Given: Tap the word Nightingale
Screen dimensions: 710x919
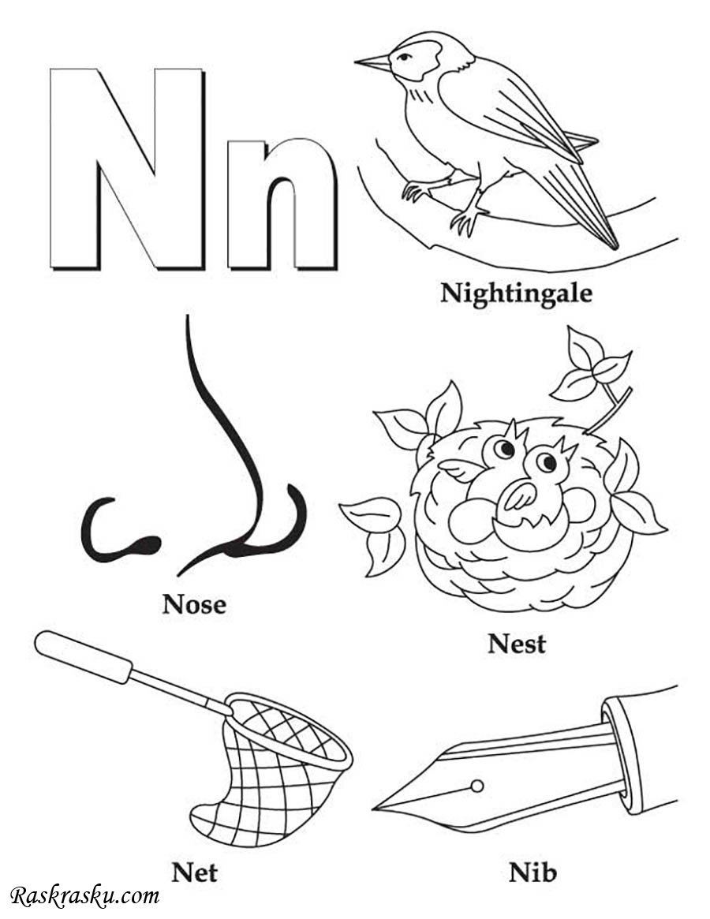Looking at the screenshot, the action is (516, 293).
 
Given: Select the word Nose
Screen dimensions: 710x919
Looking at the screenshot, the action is (194, 603).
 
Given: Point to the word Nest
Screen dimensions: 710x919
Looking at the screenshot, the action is (517, 644).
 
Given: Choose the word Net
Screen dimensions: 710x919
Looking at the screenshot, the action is (194, 872).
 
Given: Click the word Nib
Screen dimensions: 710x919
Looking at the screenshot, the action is (532, 872).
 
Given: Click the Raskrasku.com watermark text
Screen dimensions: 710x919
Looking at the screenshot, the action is (86, 896).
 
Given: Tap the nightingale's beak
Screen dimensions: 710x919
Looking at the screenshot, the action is (372, 62).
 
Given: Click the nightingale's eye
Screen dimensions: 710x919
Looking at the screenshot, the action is (404, 57).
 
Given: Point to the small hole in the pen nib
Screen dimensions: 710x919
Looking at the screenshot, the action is (477, 786).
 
